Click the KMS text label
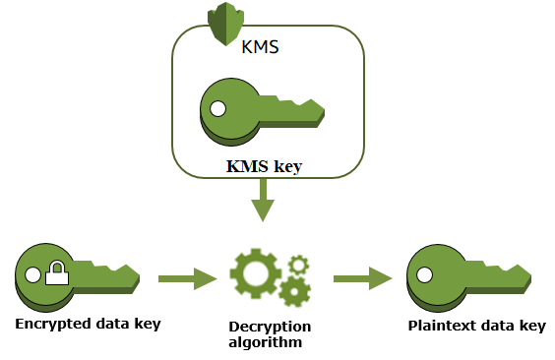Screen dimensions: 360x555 click(x=260, y=44)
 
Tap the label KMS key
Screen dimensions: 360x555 click(x=264, y=165)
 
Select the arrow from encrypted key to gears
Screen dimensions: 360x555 click(x=186, y=279)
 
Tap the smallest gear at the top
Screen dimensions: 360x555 click(x=298, y=264)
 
